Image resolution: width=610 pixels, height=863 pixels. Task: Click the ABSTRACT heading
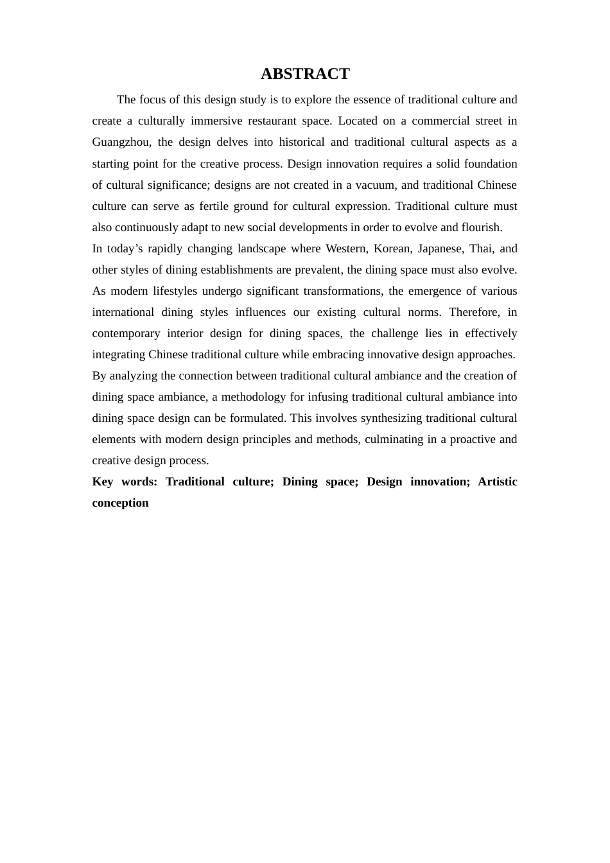[305, 74]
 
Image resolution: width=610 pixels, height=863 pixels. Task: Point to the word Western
[345, 248]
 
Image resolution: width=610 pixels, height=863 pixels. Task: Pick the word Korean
[392, 248]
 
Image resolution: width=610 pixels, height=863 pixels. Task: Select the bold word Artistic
[498, 482]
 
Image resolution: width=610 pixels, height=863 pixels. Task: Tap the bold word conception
[120, 503]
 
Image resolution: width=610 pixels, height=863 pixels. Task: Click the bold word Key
[103, 482]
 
